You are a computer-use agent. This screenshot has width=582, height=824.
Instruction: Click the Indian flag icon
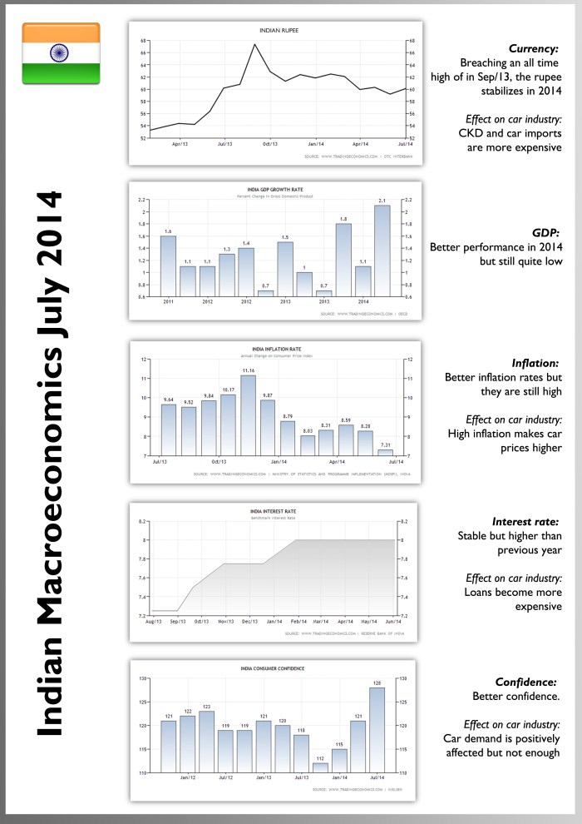pos(61,53)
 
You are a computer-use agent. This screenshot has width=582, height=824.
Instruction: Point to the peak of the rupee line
pos(255,44)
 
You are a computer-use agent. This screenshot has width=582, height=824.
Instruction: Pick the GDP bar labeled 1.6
pos(168,266)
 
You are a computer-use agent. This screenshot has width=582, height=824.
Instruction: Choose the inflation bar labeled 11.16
pos(248,415)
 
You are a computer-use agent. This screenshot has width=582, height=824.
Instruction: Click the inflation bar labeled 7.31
pos(386,453)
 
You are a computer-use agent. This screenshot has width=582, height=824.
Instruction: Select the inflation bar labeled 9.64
pos(168,429)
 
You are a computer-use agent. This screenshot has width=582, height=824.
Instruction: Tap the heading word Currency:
pos(533,49)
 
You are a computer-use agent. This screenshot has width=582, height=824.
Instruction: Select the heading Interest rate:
pos(525,520)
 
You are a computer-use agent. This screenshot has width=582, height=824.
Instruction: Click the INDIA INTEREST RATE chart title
pos(274,511)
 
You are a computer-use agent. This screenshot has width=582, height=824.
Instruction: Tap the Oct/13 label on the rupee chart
pos(269,143)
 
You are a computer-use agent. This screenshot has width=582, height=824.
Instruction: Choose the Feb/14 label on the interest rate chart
pos(299,621)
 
